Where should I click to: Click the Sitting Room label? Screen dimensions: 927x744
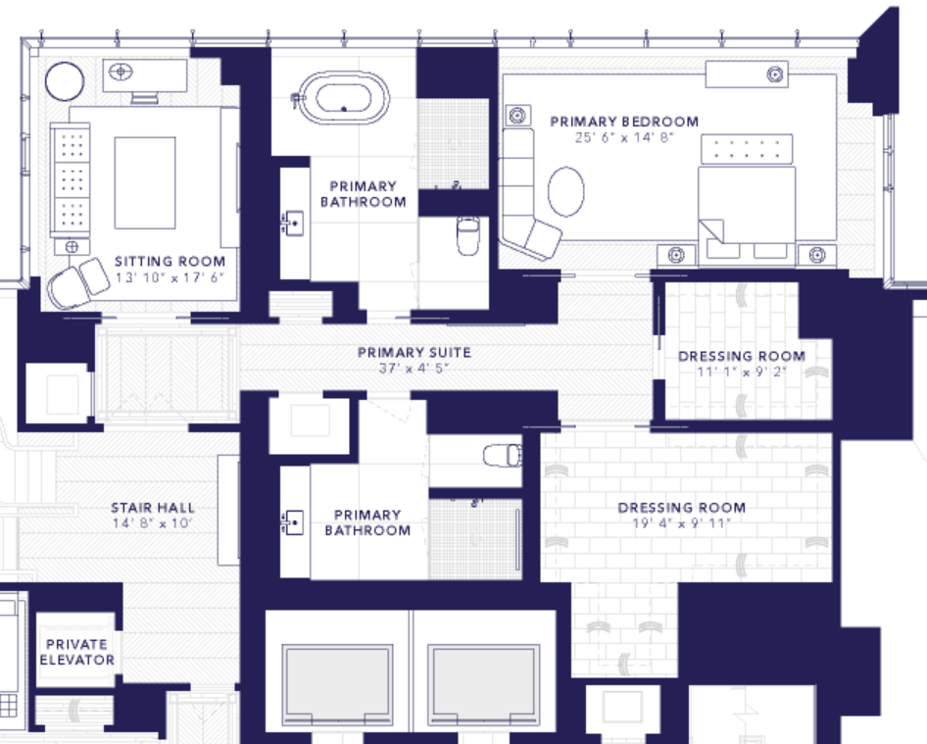(x=170, y=262)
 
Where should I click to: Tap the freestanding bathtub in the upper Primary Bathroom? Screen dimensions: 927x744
(x=344, y=98)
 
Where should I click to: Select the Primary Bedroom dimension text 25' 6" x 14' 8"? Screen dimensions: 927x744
(x=624, y=138)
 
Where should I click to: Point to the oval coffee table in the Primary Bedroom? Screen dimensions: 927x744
(x=565, y=191)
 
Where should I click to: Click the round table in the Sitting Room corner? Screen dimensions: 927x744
(x=65, y=81)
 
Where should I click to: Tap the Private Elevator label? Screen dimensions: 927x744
(x=76, y=652)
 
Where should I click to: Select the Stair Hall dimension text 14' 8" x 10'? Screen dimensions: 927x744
(x=153, y=523)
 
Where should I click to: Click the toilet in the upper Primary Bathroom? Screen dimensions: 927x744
(x=467, y=235)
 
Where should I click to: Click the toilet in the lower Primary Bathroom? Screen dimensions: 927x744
(x=503, y=456)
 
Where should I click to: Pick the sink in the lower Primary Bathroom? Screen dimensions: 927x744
(x=293, y=522)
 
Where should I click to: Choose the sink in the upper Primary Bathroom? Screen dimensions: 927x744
(x=293, y=223)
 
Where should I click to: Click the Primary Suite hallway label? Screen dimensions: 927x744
(x=415, y=353)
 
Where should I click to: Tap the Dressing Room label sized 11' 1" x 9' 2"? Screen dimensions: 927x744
(x=742, y=357)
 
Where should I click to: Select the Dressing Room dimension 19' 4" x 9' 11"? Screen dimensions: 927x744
(x=682, y=523)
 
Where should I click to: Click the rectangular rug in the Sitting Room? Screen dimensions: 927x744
(x=145, y=182)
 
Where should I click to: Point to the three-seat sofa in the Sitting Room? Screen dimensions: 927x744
(x=71, y=179)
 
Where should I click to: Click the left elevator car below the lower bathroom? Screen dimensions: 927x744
(x=337, y=685)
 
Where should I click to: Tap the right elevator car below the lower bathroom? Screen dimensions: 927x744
(x=484, y=685)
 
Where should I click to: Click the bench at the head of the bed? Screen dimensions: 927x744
(x=747, y=149)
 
